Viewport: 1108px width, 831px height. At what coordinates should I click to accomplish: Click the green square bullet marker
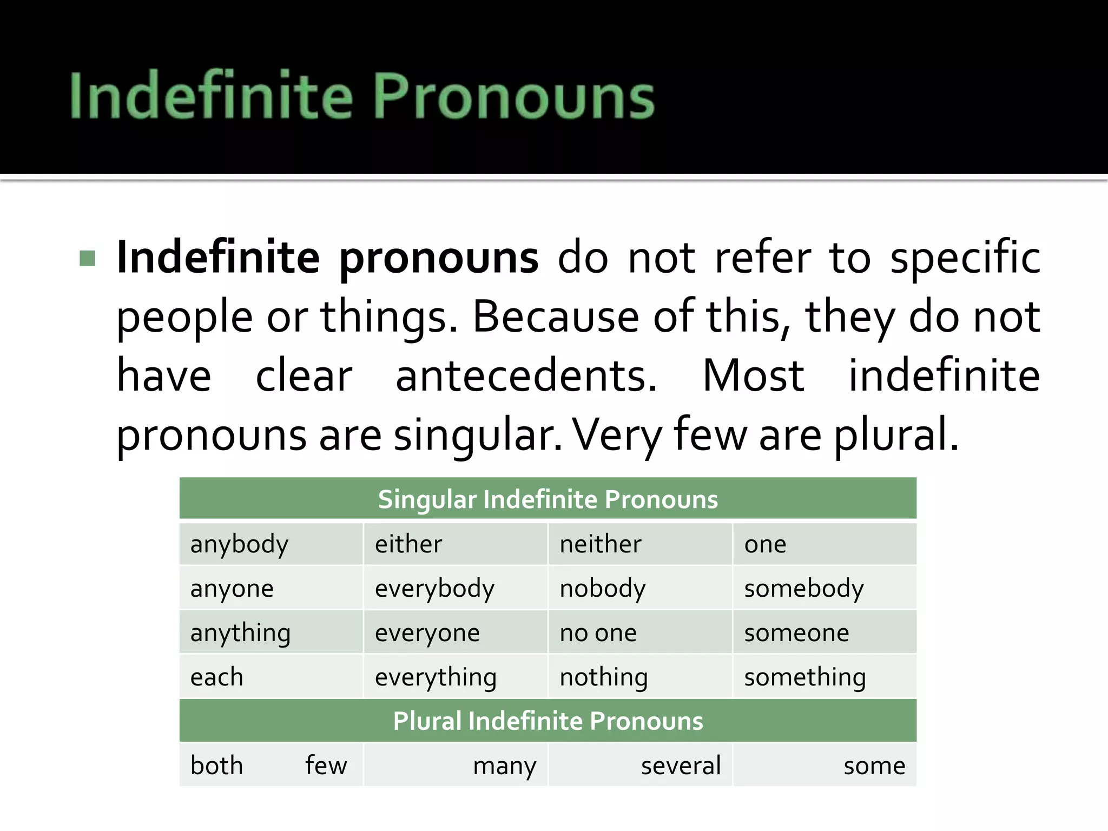point(87,258)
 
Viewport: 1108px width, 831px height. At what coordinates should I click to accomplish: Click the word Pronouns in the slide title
point(513,96)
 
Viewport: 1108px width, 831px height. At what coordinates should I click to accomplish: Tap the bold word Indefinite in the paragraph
point(218,258)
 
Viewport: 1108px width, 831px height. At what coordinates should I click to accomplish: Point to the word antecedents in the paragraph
point(526,375)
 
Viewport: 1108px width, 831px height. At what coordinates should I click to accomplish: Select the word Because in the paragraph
point(556,316)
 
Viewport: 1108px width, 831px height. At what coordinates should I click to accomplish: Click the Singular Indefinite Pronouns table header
point(548,499)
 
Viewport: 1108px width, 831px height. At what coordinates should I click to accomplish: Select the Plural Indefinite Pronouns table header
point(548,721)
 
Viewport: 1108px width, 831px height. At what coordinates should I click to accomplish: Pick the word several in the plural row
point(681,766)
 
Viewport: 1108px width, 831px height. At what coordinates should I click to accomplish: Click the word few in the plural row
point(326,766)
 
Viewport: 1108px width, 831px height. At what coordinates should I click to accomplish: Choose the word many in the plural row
point(505,766)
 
